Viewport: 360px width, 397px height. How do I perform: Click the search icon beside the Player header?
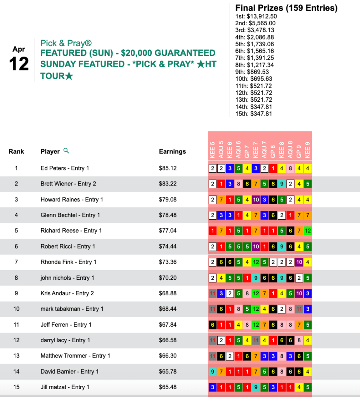[x=66, y=151]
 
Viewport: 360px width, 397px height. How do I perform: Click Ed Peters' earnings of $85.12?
[x=168, y=168]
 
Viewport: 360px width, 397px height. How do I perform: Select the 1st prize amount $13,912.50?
[x=256, y=16]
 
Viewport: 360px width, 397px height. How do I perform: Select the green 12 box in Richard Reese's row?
[x=308, y=231]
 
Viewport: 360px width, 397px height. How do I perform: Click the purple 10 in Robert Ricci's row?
[x=256, y=246]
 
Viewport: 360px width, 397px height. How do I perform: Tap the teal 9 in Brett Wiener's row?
[x=282, y=184]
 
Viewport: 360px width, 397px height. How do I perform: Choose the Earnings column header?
[x=172, y=152]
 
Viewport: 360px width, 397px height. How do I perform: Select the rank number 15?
[x=16, y=387]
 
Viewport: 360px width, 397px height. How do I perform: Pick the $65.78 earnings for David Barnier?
[x=168, y=371]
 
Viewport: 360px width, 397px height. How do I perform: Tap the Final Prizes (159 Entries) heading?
[x=286, y=8]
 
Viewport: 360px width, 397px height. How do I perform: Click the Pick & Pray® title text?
[x=66, y=43]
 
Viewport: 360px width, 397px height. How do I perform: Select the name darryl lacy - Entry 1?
[x=65, y=340]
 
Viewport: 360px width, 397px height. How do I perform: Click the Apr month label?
[x=19, y=49]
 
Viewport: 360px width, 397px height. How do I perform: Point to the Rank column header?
[x=16, y=152]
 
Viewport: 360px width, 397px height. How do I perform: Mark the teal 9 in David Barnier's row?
[x=213, y=371]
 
